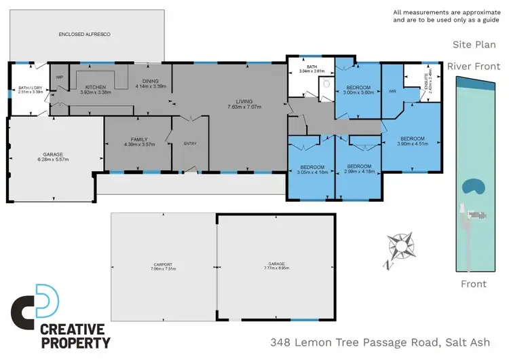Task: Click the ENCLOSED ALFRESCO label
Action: tap(85, 33)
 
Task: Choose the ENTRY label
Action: tap(189, 143)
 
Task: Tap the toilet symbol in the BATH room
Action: tap(326, 84)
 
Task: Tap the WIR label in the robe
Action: tap(392, 90)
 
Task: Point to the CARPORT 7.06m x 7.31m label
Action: tap(163, 266)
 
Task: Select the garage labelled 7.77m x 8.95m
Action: tap(276, 266)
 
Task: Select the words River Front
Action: tap(474, 67)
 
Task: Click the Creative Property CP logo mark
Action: tap(35, 306)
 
